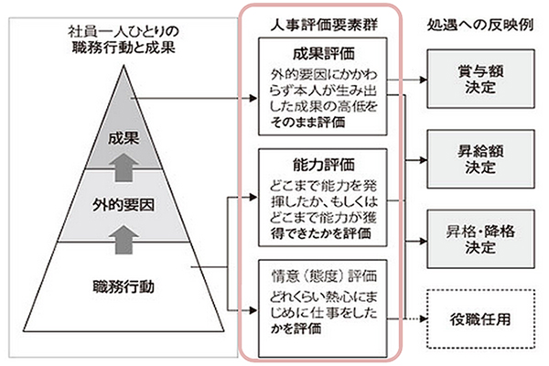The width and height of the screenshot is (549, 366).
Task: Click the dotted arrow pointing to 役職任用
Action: (408, 319)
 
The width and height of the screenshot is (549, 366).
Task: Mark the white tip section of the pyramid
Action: (123, 96)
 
